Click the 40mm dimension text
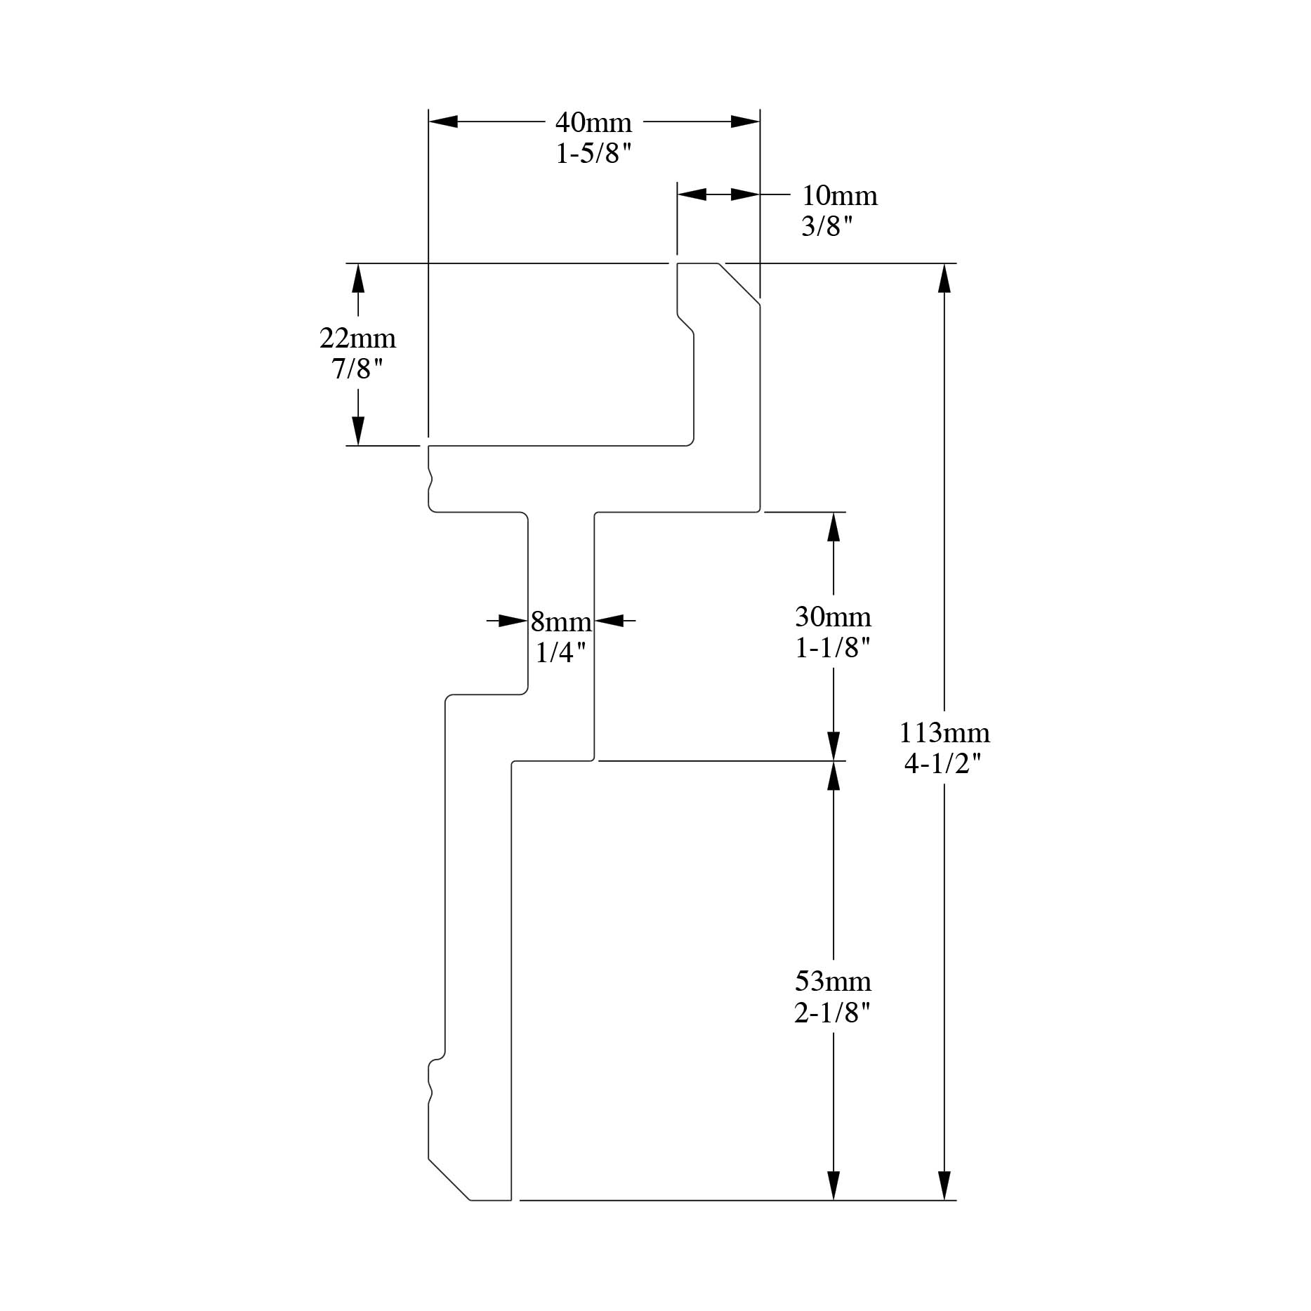593,122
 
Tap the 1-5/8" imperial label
594,153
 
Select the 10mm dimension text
840,195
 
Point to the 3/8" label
827,226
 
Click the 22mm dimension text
357,338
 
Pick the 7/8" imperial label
357,369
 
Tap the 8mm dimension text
561,621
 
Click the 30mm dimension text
833,617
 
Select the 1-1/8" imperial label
833,647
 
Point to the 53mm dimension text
833,981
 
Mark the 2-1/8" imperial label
833,1012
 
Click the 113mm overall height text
944,733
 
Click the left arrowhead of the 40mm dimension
443,121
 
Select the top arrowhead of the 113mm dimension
944,278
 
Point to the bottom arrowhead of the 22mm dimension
358,431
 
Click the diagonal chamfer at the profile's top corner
739,284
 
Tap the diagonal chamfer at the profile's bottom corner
449,1179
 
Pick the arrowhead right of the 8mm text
610,621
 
